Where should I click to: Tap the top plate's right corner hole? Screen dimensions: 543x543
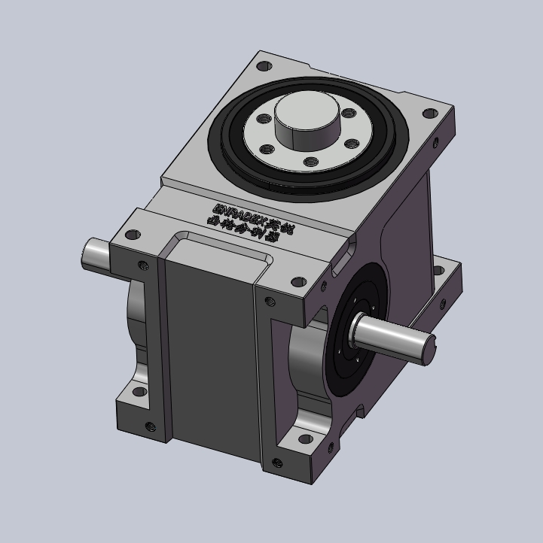pos(429,114)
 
